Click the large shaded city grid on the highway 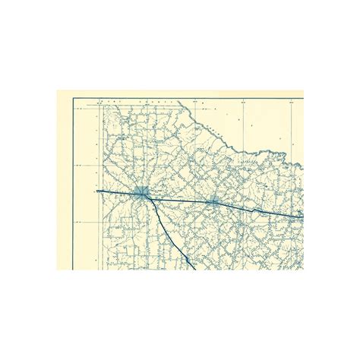point(141,193)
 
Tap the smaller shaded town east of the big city point(213,202)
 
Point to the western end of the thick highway point(97,190)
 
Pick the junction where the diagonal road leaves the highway point(150,200)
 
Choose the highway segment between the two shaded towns point(178,201)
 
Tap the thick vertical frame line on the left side point(74,182)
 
